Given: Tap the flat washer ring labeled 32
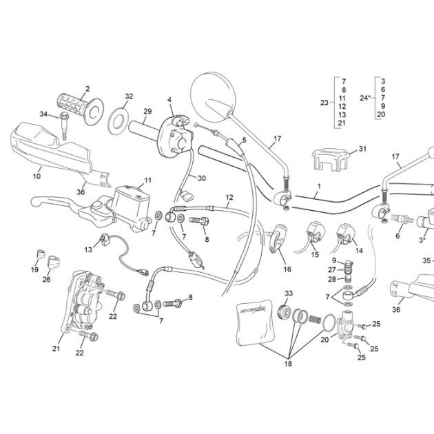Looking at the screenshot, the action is coord(118,121).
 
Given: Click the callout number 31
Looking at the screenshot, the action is coord(362,149).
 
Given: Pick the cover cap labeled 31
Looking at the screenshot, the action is coord(330,160).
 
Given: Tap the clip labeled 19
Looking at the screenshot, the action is coord(41,254).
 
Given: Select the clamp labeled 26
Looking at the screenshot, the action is coord(54,262).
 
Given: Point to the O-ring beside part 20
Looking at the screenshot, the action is coord(329,322).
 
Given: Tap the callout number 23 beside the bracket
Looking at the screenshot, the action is coord(324,103).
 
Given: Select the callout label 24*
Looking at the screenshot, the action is coord(365,98).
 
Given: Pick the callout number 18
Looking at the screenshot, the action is coord(288,364).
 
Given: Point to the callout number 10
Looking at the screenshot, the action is coord(37,176).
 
